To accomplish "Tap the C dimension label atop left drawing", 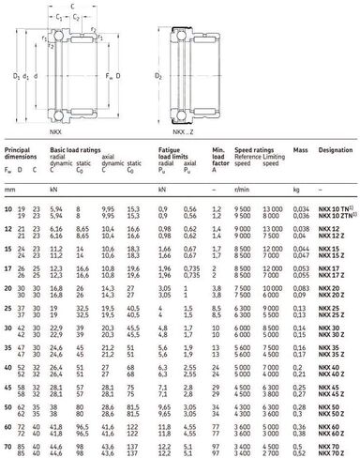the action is tap(73, 5).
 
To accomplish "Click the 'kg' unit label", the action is tap(296, 197).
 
